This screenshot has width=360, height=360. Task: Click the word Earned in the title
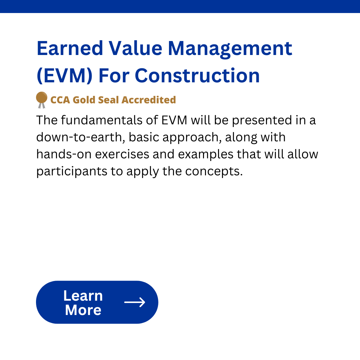[70, 48]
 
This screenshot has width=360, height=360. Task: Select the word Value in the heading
[135, 48]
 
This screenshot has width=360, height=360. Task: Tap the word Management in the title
[230, 50]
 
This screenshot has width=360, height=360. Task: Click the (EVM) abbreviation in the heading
[65, 76]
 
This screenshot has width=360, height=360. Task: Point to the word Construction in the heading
[197, 76]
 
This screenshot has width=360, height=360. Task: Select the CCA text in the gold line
[60, 100]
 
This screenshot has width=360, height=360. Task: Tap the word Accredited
[149, 100]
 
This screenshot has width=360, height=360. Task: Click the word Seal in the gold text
[108, 100]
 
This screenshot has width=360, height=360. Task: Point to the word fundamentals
[102, 120]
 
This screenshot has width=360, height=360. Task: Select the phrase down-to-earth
[81, 137]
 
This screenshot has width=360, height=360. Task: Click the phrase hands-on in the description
[64, 154]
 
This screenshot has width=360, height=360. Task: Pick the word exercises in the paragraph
[122, 154]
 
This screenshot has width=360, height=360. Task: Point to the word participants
[72, 172]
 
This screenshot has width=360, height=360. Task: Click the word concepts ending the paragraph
[214, 172]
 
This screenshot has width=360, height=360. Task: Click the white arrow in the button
[135, 302]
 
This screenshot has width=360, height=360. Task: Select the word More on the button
[83, 310]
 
